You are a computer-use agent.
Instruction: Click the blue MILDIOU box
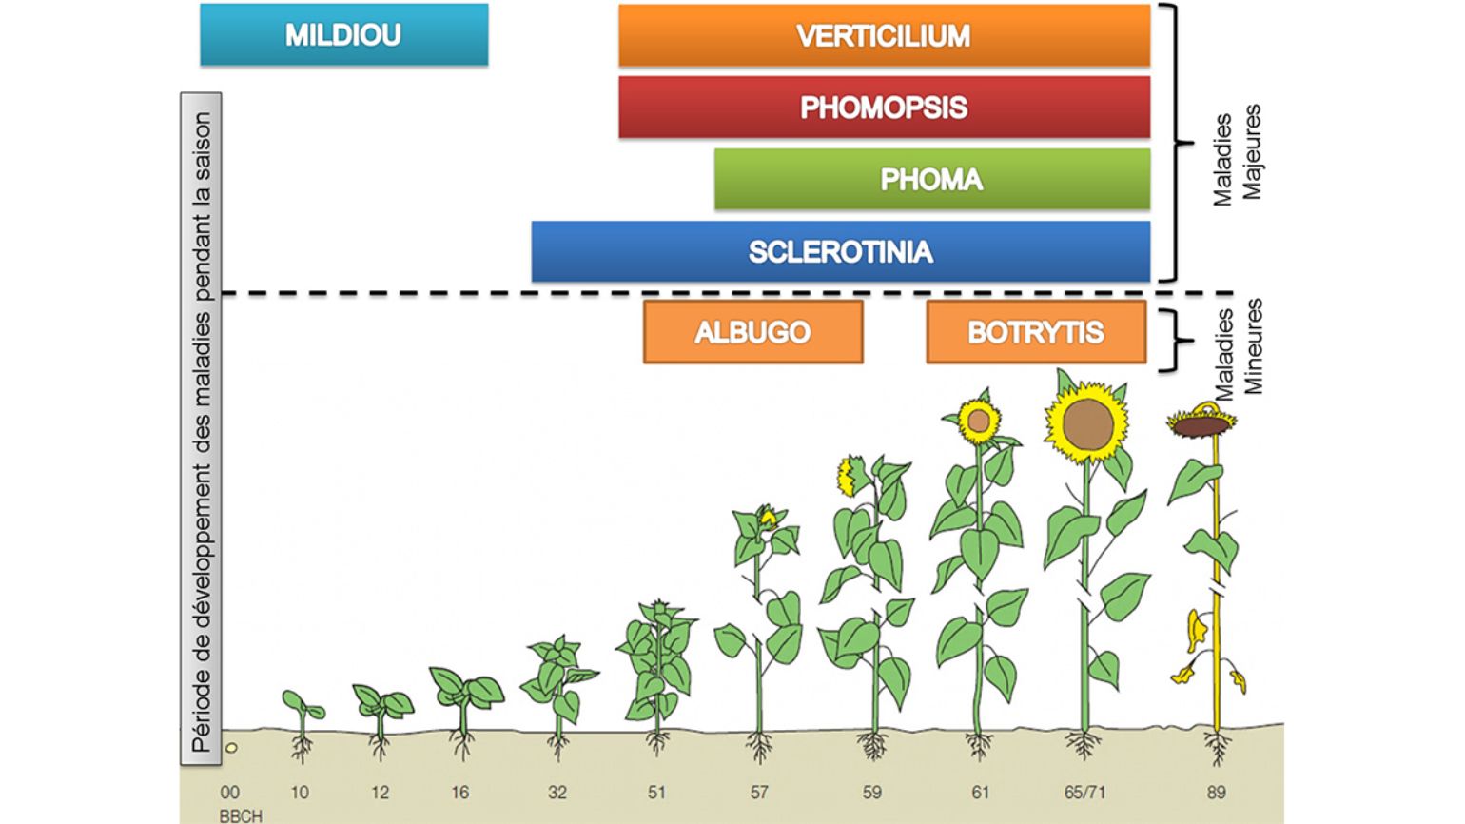coord(344,34)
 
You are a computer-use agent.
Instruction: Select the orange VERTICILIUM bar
coord(885,35)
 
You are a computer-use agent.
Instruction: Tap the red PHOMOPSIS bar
coord(885,108)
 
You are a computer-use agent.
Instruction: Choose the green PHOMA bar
coord(932,179)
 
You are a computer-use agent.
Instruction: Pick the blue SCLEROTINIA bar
coord(840,252)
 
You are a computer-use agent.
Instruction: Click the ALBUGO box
coord(752,332)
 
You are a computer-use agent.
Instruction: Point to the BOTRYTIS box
coord(1036,332)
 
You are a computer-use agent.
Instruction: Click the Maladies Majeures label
coord(1237,157)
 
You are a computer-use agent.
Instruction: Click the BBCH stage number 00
coord(229,793)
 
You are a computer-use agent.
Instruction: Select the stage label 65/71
coord(1084,793)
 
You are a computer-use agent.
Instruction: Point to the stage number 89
coord(1216,793)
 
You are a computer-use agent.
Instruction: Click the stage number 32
coord(557,793)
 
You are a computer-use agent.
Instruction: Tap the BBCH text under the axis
coord(241,816)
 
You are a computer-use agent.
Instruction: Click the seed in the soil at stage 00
coord(231,748)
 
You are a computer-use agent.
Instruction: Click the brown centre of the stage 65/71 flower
coord(1087,425)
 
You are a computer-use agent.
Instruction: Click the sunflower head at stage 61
coord(978,421)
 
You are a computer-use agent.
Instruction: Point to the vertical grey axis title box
coord(202,429)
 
